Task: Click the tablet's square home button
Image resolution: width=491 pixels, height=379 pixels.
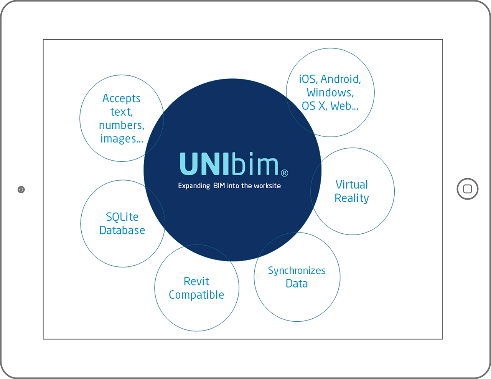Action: pos(467,189)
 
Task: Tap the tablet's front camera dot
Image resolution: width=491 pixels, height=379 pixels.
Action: pos(21,189)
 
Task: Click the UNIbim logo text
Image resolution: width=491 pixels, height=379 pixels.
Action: pos(229,164)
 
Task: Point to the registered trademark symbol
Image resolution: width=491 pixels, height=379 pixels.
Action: pos(285,173)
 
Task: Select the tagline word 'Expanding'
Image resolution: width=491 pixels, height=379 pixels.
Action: pos(194,186)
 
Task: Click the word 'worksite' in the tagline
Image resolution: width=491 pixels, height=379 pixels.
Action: pos(267,186)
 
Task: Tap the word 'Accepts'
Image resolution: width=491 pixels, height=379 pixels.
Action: pos(121,99)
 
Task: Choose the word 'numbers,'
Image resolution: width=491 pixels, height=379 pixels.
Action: pos(122,125)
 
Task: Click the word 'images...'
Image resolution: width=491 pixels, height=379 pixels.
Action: pos(122,139)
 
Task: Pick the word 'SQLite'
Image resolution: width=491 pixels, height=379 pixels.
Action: pos(122,217)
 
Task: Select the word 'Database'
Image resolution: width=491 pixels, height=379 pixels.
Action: pos(122,230)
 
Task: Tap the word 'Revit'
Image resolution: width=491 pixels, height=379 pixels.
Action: pos(196,281)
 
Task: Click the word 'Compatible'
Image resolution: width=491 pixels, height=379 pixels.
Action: pos(196,295)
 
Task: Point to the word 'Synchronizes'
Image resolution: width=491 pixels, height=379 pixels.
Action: pos(297,271)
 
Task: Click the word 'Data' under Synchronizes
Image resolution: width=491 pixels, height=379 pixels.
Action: pos(297,284)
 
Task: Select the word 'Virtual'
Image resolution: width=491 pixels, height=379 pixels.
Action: pos(352,185)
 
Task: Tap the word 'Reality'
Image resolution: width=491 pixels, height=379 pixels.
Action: pos(352,199)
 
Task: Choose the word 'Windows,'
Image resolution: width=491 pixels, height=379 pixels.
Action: pos(330,93)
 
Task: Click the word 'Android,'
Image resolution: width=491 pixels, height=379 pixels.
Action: pos(341,79)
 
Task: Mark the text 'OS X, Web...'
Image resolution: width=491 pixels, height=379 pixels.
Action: pos(330,106)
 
